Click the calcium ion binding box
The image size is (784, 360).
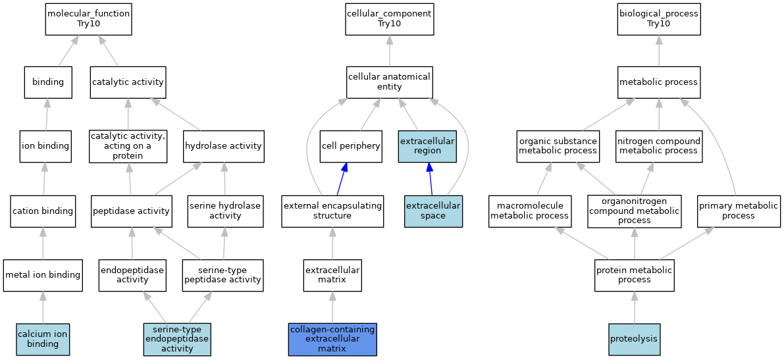click(x=43, y=339)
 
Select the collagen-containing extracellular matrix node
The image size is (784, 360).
click(x=332, y=339)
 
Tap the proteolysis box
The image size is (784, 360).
click(x=635, y=339)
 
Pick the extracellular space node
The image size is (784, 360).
click(x=434, y=211)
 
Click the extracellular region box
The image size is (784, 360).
click(x=427, y=147)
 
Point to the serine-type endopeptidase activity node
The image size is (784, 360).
click(x=178, y=339)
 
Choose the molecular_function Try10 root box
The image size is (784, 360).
click(x=88, y=20)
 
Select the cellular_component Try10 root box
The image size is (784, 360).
click(x=390, y=20)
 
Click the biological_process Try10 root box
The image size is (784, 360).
click(x=659, y=20)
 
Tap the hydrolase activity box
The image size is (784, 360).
click(x=224, y=147)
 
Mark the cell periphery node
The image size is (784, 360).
click(x=351, y=147)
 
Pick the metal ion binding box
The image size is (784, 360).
click(x=43, y=275)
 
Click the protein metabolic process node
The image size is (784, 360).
click(x=635, y=275)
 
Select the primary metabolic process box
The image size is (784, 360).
click(x=739, y=211)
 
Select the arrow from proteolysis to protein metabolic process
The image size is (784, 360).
click(x=635, y=307)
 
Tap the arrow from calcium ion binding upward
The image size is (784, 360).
click(x=43, y=307)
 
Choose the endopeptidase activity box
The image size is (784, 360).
click(x=132, y=275)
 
